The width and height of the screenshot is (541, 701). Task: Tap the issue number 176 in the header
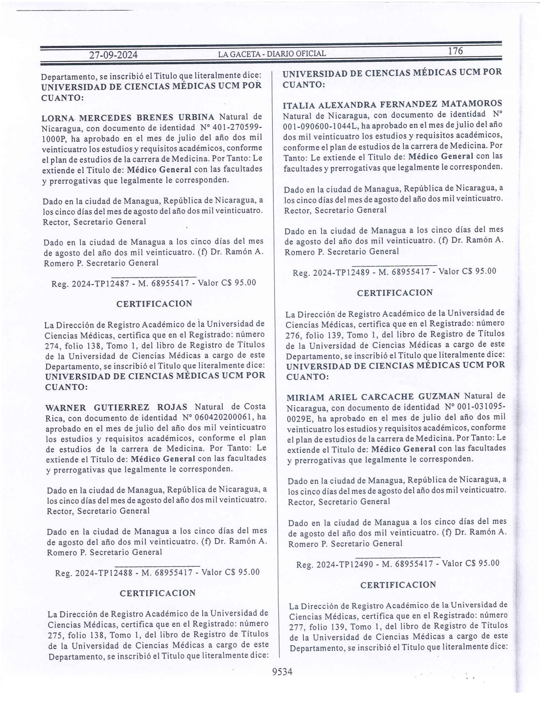point(455,51)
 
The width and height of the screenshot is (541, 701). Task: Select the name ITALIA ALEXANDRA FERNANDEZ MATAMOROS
point(393,104)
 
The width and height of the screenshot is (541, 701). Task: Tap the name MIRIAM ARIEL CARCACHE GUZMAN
point(374,397)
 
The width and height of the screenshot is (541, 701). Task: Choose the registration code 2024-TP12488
point(103,572)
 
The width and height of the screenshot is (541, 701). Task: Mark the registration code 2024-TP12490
point(345,564)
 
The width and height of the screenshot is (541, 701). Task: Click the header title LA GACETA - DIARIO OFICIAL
point(272,54)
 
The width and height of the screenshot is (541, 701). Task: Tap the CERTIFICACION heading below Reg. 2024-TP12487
point(154,304)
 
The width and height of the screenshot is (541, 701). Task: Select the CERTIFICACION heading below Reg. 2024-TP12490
point(398,585)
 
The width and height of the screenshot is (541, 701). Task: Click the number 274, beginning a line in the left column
point(53,345)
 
